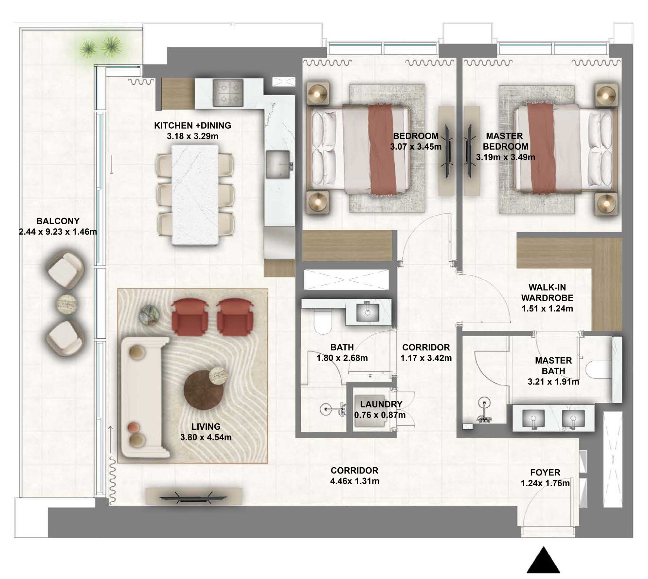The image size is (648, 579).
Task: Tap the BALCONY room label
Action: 58,221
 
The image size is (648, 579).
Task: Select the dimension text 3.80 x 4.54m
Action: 206,437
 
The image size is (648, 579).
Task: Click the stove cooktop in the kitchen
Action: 228,93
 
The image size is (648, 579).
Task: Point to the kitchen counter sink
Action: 278,164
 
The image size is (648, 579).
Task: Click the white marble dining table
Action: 195,195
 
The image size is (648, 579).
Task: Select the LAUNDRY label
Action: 381,404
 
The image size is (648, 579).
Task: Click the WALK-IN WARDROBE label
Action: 547,292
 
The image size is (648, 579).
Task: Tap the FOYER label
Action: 545,472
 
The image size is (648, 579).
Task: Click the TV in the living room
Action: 194,497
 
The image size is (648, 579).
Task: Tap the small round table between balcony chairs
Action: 67,304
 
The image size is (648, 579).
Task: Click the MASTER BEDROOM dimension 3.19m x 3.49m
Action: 505,157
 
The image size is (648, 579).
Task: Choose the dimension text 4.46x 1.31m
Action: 354,481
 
